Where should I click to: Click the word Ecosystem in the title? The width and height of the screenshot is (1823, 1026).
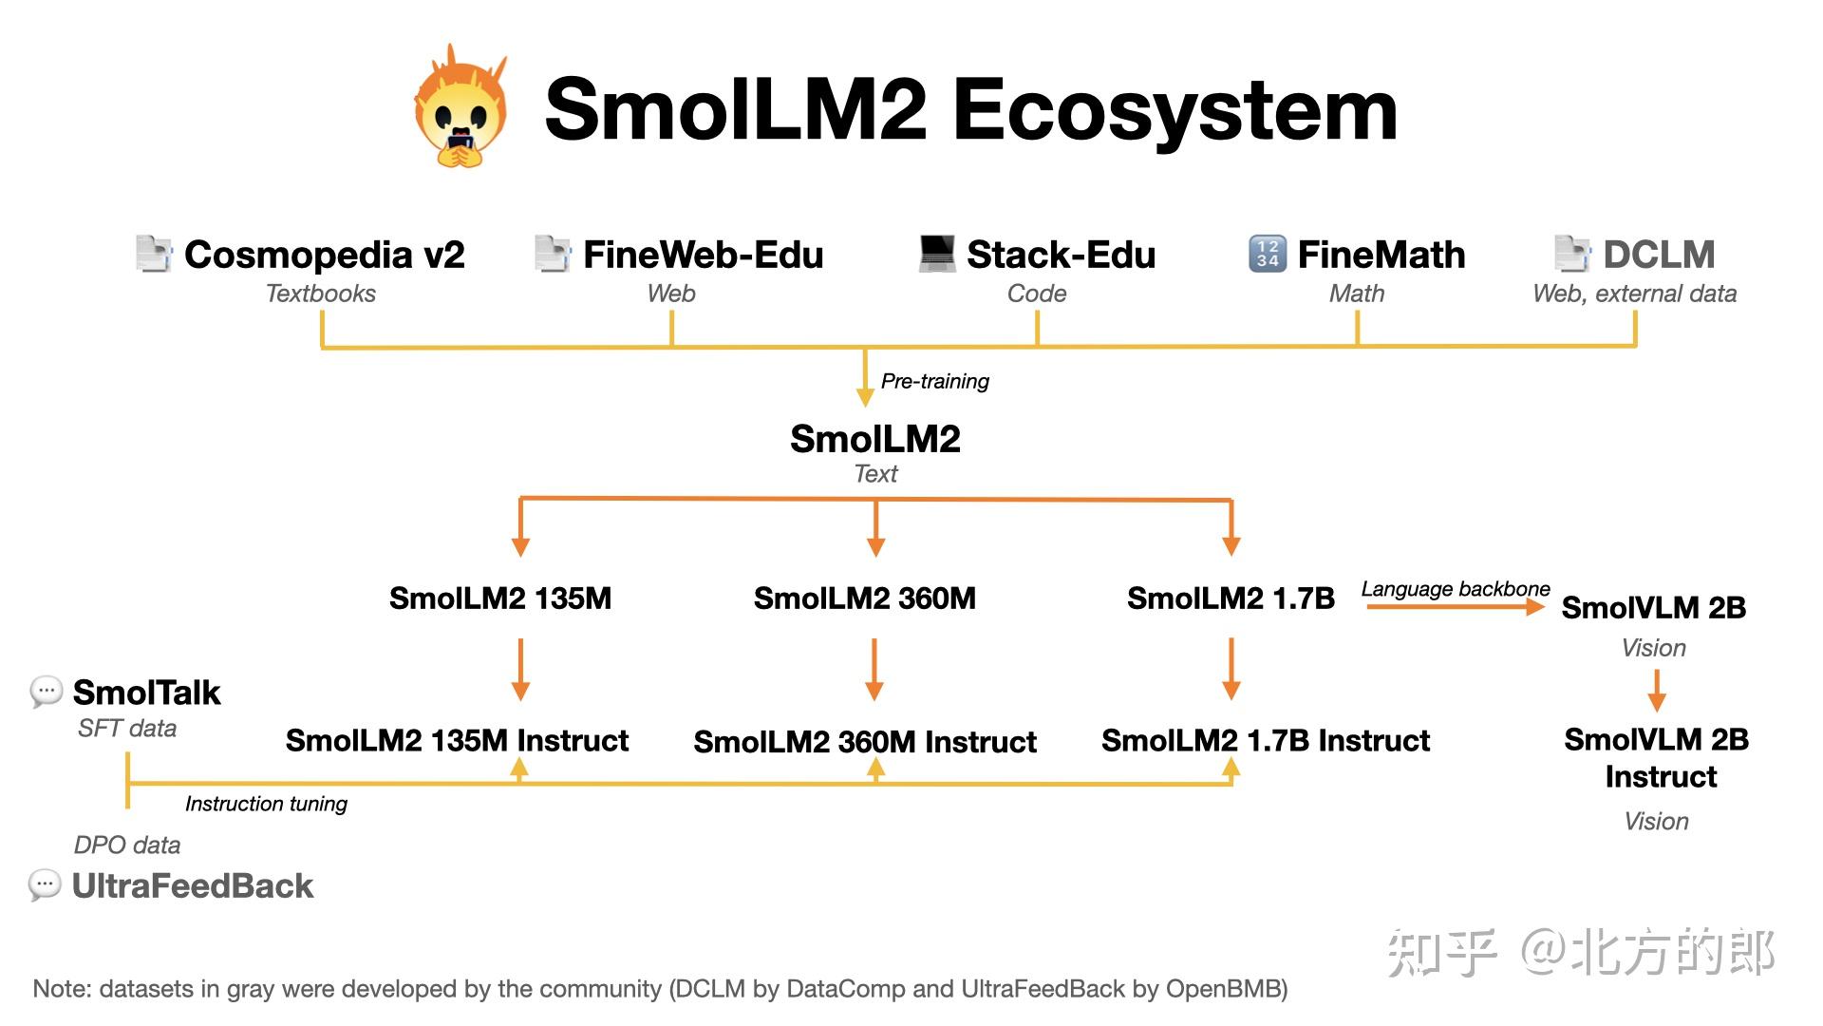pos(1175,110)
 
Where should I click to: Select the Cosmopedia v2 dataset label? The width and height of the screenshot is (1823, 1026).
pos(324,255)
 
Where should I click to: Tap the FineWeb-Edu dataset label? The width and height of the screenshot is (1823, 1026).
pos(703,255)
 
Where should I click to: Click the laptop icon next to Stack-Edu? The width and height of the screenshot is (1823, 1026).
pos(937,254)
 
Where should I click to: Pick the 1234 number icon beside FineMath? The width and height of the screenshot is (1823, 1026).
pos(1268,254)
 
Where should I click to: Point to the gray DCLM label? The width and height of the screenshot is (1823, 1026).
pos(1659,255)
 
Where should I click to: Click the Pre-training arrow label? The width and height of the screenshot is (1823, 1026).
pos(934,381)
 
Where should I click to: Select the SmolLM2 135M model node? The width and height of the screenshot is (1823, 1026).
pos(500,598)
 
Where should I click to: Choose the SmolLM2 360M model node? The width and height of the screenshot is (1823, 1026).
pos(864,598)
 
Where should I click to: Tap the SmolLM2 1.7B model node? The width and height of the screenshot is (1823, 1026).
pos(1231,598)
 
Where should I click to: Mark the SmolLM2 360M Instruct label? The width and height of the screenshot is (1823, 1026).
pos(864,742)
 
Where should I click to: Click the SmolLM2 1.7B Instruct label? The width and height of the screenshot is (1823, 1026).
pos(1265,741)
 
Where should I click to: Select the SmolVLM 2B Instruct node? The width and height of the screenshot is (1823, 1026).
pos(1658,757)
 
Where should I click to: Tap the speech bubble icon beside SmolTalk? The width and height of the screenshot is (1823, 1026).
pos(46,692)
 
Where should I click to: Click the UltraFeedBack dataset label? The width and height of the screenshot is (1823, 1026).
pos(192,886)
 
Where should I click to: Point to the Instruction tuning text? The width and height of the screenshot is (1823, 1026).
pos(266,804)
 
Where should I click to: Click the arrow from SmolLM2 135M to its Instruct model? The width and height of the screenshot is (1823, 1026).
pos(520,670)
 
